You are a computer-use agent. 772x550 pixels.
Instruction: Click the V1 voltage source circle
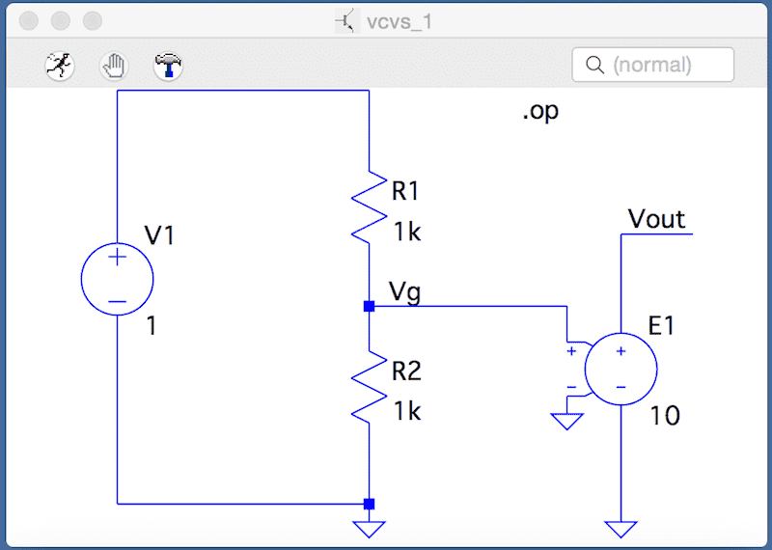(117, 278)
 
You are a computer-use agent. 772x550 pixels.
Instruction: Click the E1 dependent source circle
(620, 370)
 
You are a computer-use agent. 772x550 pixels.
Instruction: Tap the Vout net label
(657, 218)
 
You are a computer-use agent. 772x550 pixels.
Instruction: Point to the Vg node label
(404, 290)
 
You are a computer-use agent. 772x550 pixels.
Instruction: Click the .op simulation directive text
(540, 111)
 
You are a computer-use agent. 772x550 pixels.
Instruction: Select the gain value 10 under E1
(664, 416)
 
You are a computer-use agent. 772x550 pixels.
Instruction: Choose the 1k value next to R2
(406, 411)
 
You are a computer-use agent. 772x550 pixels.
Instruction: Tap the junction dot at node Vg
(369, 307)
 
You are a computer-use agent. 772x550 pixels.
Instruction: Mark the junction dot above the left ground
(369, 503)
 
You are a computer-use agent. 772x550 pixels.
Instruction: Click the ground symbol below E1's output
(620, 529)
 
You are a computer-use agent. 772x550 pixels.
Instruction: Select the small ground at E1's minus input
(566, 421)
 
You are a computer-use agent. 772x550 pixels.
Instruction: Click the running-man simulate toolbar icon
(60, 66)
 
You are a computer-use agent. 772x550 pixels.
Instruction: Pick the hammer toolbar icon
(169, 66)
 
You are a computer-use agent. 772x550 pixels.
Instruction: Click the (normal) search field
(653, 66)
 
